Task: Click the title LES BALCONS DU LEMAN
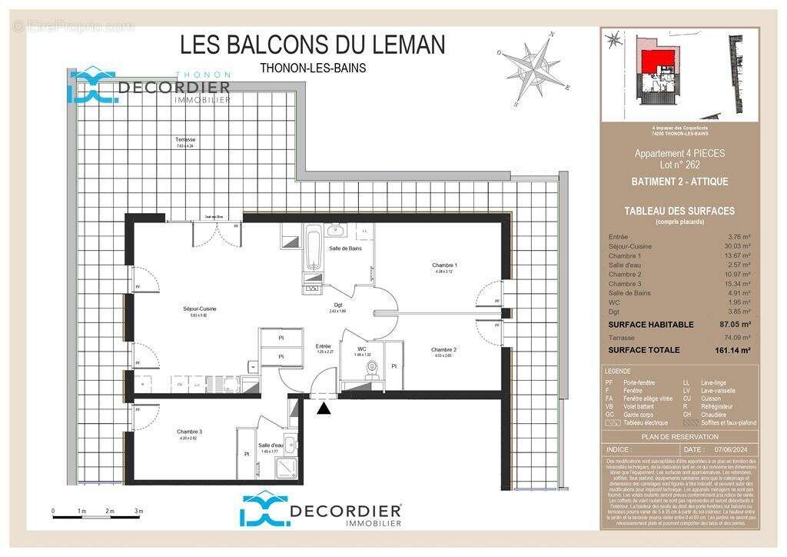coord(312,45)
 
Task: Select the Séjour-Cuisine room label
coord(199,309)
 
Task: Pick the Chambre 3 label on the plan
coord(189,432)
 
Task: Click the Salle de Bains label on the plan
coord(345,248)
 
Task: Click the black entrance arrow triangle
coord(324,409)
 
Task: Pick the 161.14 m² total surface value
coord(732,350)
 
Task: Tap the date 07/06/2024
coord(729,449)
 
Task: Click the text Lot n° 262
coord(669,165)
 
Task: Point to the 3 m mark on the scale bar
coord(138,511)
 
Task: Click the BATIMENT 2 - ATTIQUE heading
coord(669,182)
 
